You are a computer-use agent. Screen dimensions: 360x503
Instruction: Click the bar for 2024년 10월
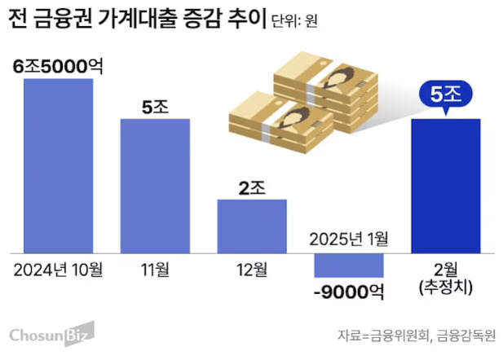(x=57, y=166)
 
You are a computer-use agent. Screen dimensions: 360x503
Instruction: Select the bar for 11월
(x=155, y=186)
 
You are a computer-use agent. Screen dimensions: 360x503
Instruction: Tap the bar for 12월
(x=252, y=226)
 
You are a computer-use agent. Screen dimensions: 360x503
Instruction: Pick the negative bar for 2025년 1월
(x=349, y=266)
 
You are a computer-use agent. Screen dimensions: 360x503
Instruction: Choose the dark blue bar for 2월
(x=446, y=186)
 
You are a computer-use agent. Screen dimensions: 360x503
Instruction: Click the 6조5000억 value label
(x=57, y=66)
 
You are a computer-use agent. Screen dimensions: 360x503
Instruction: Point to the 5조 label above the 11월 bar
(x=155, y=106)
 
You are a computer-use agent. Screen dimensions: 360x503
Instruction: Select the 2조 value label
(x=252, y=187)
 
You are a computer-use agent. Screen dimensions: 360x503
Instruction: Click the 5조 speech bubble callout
(x=446, y=95)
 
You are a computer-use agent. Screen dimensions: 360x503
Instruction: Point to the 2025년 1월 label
(x=349, y=239)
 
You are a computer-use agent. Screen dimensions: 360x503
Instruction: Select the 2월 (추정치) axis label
(x=446, y=279)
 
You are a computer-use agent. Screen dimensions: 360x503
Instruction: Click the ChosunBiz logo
(x=51, y=334)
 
